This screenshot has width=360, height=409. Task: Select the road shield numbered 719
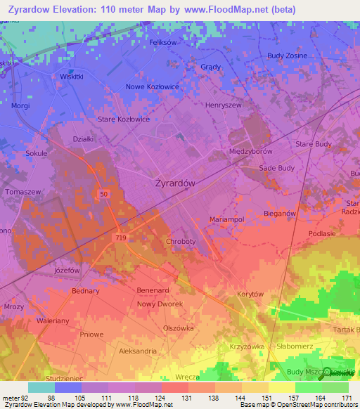coord(120,239)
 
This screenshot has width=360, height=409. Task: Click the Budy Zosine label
coord(288,56)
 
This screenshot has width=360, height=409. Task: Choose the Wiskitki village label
coord(72,76)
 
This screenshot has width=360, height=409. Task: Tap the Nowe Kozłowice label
coord(153,86)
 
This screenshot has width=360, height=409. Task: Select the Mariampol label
coord(226,219)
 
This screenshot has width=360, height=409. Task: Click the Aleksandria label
coord(138,351)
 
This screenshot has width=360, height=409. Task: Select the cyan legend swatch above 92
coord(41,387)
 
